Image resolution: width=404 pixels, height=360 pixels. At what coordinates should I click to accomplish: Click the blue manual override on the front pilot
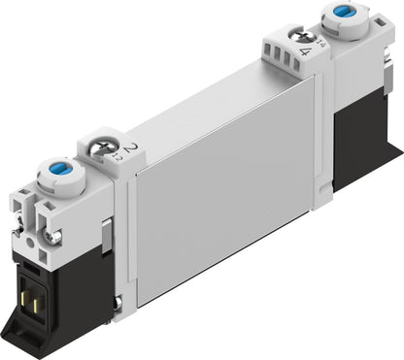[x=50, y=172]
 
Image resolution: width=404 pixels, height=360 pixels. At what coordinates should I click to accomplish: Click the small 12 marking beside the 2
[x=118, y=156]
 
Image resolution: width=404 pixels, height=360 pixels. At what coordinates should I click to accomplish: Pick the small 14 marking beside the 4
[x=295, y=56]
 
